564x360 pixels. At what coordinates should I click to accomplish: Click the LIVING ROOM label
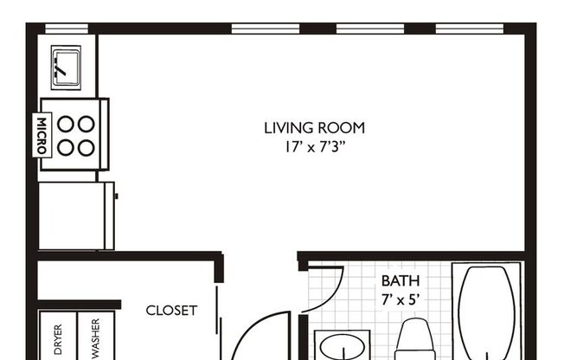pos(314,128)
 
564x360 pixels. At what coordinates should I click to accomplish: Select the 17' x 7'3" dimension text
pos(314,146)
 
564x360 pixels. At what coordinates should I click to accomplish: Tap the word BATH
pos(401,281)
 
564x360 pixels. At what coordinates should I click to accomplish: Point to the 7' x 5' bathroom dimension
pos(401,299)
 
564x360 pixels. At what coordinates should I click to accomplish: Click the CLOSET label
pos(171,310)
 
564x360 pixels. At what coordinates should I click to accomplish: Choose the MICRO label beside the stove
pos(41,135)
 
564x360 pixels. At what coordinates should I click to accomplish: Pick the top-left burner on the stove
pos(66,124)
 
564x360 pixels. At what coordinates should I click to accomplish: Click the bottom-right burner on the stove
pos(86,147)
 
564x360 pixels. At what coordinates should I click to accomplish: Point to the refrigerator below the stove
pos(76,215)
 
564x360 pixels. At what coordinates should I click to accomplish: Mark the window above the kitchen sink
pos(67,29)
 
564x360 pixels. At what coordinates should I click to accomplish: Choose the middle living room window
pos(369,29)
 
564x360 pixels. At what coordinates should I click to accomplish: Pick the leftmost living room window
pos(265,29)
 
